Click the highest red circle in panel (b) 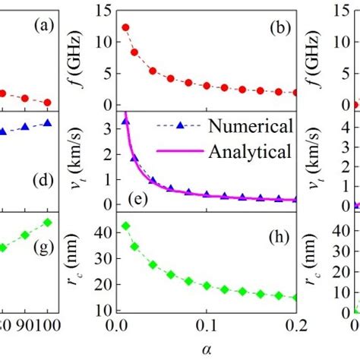(125, 27)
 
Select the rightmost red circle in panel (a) (48, 103)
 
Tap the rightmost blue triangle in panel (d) (48, 122)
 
